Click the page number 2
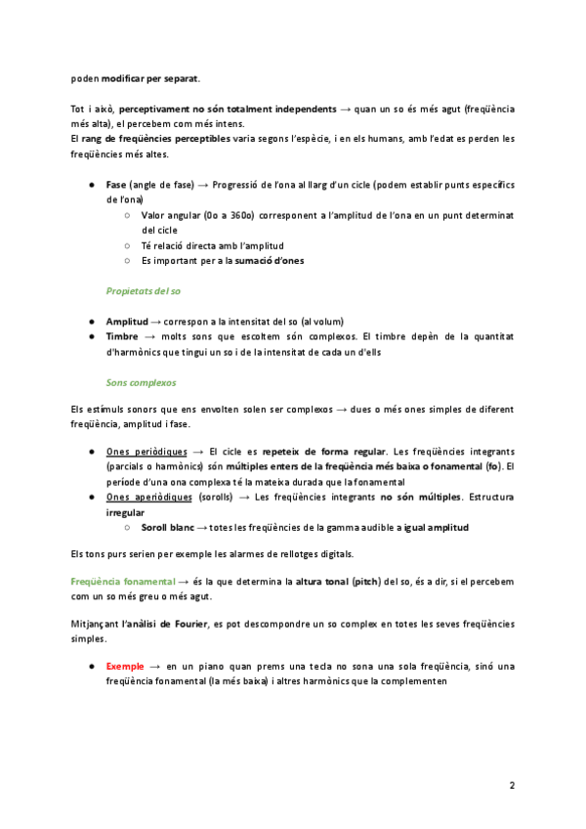pyautogui.click(x=512, y=785)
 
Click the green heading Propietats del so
pyautogui.click(x=143, y=291)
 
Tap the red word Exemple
pyautogui.click(x=125, y=666)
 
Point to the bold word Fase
pyautogui.click(x=116, y=184)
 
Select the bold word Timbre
pyautogui.click(x=122, y=336)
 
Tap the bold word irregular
pyautogui.click(x=125, y=512)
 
